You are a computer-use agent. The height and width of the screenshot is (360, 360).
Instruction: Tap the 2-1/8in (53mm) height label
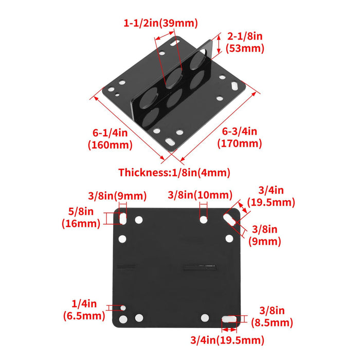[x=245, y=43]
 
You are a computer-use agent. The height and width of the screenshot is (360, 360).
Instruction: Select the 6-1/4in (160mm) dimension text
[x=110, y=139]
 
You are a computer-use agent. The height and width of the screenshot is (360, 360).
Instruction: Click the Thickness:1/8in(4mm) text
[x=174, y=172]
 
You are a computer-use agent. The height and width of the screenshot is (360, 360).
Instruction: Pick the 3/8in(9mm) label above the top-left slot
[x=117, y=195]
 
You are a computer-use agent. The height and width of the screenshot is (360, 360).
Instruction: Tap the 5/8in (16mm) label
[x=81, y=217]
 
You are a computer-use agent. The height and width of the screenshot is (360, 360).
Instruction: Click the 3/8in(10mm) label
[x=200, y=195]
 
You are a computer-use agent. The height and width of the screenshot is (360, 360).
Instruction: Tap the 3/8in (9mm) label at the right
[x=265, y=235]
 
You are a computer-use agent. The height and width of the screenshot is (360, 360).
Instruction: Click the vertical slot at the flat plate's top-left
[x=123, y=218]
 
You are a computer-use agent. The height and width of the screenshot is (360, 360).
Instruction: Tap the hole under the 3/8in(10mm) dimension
[x=204, y=220]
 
